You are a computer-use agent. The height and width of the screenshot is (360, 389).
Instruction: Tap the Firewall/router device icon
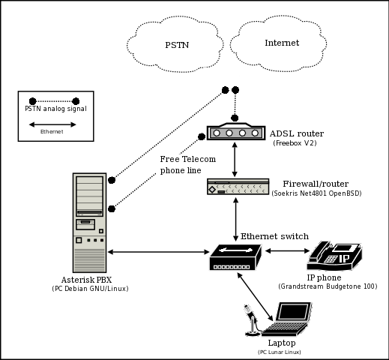point(238,188)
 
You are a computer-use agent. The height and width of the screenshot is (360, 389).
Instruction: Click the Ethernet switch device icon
point(235,258)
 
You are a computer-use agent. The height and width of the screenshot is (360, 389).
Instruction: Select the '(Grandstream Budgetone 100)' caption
point(328,286)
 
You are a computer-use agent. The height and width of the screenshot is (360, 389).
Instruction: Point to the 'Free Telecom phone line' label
point(187,164)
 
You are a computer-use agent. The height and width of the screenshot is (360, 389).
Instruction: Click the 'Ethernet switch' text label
point(274,236)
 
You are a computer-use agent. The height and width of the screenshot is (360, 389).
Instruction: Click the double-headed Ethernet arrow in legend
point(52,124)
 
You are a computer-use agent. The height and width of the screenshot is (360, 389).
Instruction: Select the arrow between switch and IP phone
point(286,250)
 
